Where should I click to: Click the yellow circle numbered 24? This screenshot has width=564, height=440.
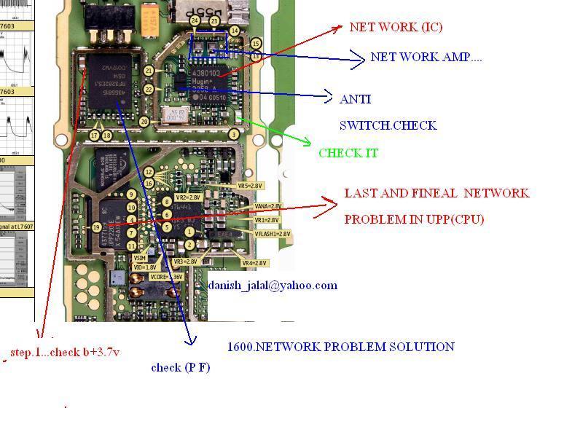[x=195, y=21]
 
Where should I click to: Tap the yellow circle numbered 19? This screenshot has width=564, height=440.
[x=96, y=227]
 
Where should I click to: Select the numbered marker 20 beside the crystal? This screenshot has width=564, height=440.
[x=144, y=122]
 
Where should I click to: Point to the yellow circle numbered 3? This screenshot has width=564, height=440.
[x=234, y=134]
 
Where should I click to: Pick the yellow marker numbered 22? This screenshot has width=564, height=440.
[x=149, y=89]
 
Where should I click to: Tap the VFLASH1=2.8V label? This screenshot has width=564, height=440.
[x=273, y=234]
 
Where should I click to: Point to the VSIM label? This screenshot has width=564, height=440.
[x=139, y=258]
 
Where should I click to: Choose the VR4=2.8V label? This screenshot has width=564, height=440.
[x=255, y=263]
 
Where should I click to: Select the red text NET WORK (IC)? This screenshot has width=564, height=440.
[x=396, y=28]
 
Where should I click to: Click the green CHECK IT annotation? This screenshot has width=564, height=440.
[x=350, y=153]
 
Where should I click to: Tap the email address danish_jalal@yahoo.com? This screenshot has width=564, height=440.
[x=273, y=286]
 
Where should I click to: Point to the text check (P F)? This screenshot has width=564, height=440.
[x=180, y=368]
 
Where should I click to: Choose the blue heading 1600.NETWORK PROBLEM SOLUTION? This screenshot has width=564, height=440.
[x=340, y=347]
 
